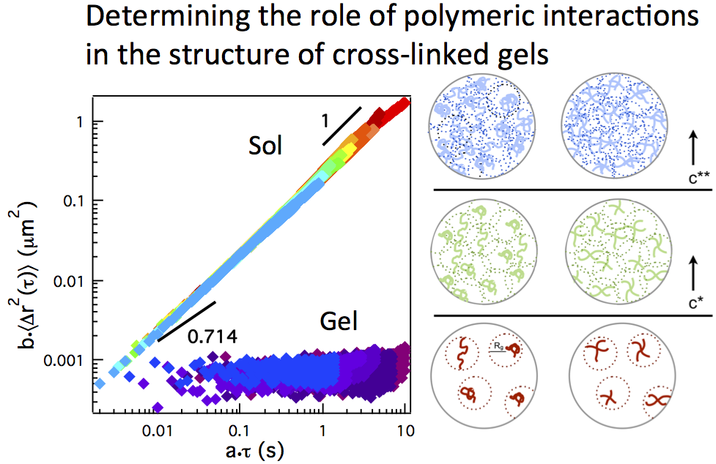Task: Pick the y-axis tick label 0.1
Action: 73,201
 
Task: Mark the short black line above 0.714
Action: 186,321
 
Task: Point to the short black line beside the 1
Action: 342,126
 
